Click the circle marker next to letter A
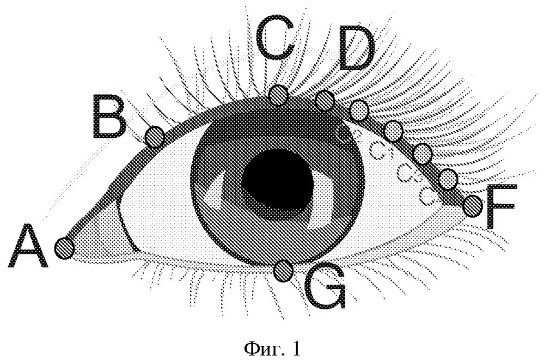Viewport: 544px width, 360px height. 65,248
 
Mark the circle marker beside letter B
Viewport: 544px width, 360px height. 155,136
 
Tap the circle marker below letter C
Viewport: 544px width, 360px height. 279,95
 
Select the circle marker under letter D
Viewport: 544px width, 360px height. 325,100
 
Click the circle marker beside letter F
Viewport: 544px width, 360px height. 473,205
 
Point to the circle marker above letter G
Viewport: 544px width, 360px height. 283,271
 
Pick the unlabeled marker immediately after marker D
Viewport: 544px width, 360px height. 359,111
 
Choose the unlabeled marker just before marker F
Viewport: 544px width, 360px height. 448,179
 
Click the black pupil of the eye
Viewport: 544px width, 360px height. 277,176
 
